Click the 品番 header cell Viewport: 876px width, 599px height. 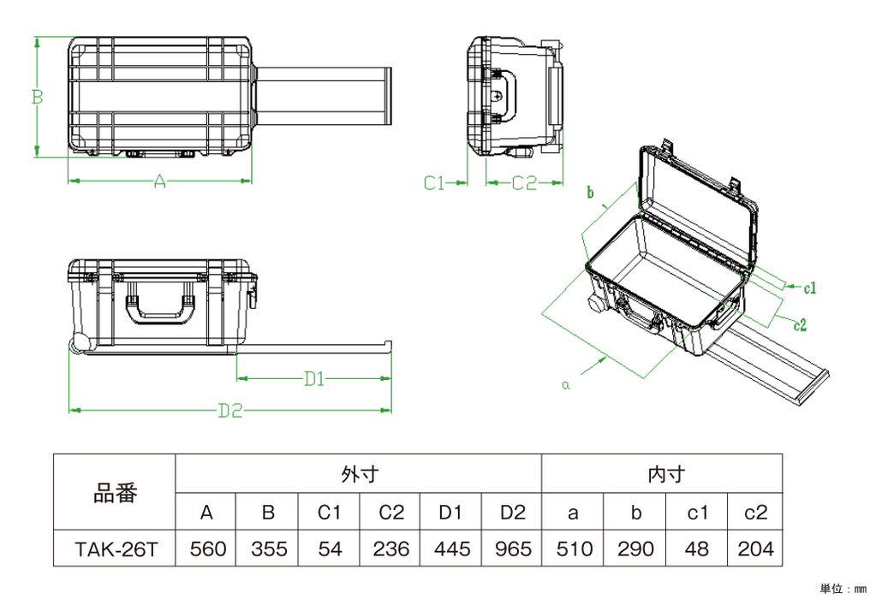tap(115, 494)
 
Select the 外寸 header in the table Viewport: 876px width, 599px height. tap(359, 472)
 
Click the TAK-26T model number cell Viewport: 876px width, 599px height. tap(115, 548)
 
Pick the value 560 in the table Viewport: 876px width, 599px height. tap(206, 548)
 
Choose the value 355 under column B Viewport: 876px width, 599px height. tap(268, 548)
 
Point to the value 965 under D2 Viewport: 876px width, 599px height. tap(512, 548)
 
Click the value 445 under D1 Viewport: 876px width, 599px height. tap(450, 548)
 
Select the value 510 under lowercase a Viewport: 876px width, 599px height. tap(573, 548)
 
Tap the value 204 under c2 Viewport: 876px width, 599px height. tap(756, 548)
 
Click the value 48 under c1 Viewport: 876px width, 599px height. tap(695, 548)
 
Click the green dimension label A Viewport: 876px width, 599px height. tap(159, 181)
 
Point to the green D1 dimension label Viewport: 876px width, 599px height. tap(313, 377)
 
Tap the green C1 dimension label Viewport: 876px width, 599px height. tap(436, 181)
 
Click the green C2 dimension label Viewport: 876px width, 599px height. tap(524, 181)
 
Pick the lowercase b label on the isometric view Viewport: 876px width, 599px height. tap(590, 193)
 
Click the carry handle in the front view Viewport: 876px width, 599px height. tap(160, 308)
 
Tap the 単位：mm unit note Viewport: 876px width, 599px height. tap(843, 589)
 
